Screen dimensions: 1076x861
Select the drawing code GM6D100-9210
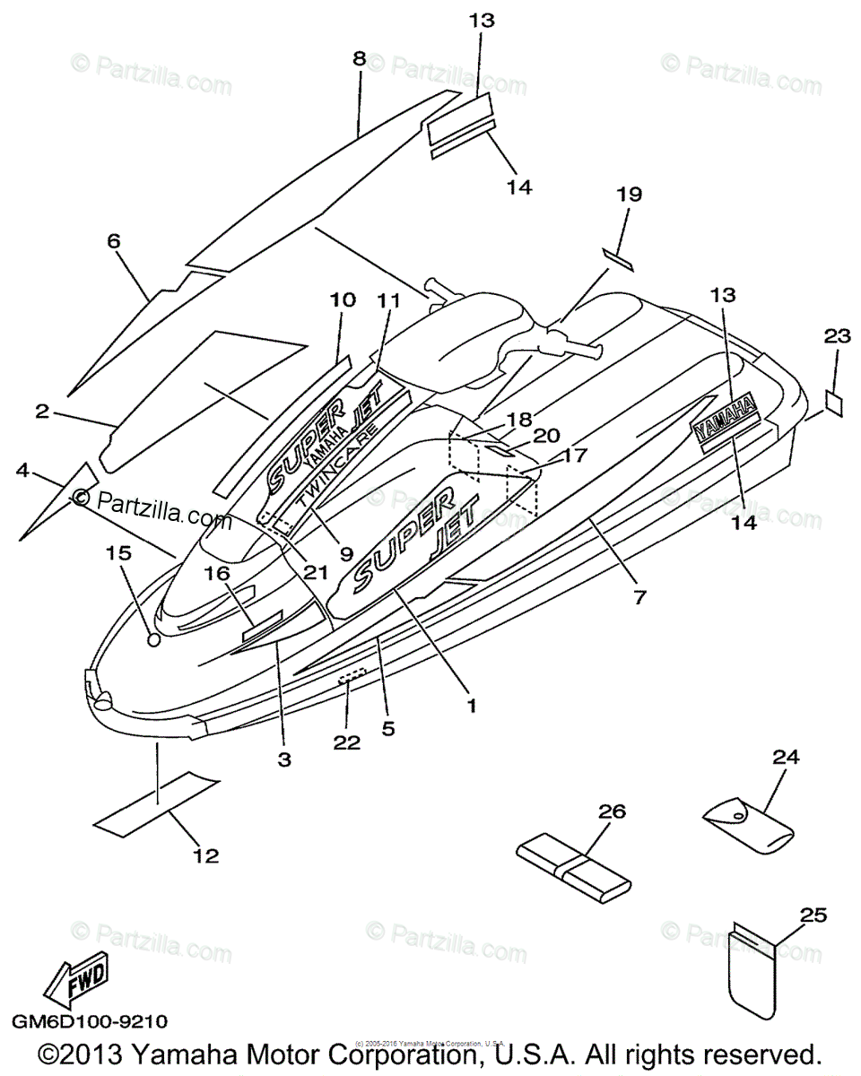(x=90, y=1021)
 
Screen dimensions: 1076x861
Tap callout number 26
(x=612, y=811)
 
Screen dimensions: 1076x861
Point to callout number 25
(x=813, y=915)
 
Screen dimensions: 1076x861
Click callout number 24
(x=786, y=758)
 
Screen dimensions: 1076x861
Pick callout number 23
(x=837, y=336)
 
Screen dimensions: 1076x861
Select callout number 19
(x=630, y=194)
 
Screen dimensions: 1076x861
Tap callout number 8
(x=360, y=58)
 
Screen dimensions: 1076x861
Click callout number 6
(x=113, y=241)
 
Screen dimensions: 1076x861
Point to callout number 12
(x=206, y=856)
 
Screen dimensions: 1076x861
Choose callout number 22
(x=347, y=742)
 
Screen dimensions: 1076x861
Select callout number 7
(x=639, y=596)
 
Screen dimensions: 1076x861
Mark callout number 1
(x=471, y=705)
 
